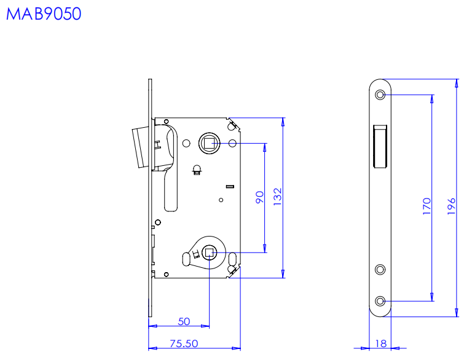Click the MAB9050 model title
[44, 14]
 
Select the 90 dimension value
[259, 197]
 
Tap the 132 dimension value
[277, 197]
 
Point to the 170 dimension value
[427, 206]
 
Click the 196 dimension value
[451, 206]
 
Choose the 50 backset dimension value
[184, 321]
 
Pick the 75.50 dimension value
[184, 343]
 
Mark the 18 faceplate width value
[381, 343]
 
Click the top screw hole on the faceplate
[380, 95]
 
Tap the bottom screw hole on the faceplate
[380, 300]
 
